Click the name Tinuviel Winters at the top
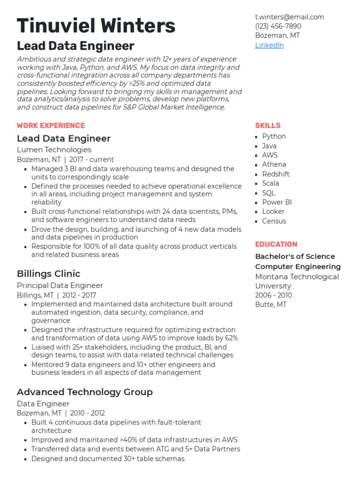96,25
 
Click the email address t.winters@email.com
289,17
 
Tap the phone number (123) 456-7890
278,26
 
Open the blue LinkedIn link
269,45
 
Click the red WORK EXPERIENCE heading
51,126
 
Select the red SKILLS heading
268,126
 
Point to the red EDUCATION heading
276,244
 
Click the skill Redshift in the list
276,174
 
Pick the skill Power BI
277,202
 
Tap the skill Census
274,221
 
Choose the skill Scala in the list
270,183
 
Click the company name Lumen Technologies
54,150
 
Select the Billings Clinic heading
48,274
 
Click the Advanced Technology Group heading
84,392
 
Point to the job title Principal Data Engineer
60,285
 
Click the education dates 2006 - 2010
273,295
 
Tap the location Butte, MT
271,305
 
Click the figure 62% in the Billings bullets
231,338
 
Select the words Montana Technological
297,277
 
